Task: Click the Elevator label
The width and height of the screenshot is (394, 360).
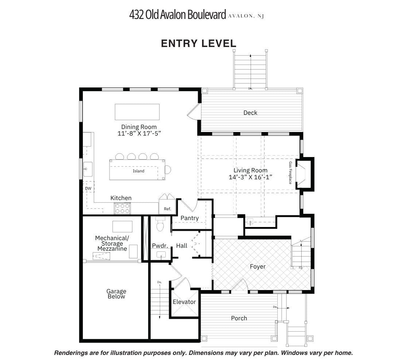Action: pos(184,302)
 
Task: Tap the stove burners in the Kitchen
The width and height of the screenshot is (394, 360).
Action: pos(122,208)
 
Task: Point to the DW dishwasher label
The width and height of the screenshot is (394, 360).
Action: pos(88,188)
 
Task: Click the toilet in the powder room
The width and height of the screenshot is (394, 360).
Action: pos(160,224)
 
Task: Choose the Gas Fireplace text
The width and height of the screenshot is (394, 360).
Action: pos(290,173)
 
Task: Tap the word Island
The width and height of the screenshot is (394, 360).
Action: pos(139,171)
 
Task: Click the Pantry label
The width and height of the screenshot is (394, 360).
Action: pos(189,218)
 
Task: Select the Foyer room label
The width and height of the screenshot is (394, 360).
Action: pos(258,267)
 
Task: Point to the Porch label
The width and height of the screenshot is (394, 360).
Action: pos(239,318)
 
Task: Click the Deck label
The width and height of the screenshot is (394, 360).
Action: pos(250,113)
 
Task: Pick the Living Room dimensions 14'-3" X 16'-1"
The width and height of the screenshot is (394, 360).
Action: pos(251,177)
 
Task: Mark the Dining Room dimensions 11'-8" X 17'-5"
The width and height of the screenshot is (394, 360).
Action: pos(139,133)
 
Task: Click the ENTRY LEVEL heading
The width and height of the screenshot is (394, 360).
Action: pos(198,43)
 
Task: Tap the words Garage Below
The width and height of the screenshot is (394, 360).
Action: pos(116,294)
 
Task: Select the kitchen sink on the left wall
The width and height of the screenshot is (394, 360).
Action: pos(88,169)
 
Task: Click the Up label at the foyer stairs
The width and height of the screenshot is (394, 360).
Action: pos(301,268)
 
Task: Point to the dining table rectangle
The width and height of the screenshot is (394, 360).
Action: pos(137,112)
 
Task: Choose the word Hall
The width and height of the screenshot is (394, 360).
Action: pos(181,246)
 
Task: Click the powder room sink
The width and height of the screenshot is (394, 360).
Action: pos(161,255)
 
